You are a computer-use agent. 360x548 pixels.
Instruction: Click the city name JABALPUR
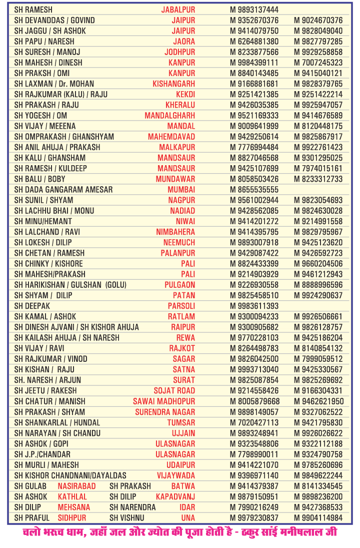tap(178, 10)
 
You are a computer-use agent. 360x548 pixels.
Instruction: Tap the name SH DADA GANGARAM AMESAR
tap(63, 190)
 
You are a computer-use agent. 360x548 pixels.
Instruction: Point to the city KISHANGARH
tap(173, 84)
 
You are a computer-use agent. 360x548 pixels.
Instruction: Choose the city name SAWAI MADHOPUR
tap(164, 401)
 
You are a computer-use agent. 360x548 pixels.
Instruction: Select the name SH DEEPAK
tap(32, 306)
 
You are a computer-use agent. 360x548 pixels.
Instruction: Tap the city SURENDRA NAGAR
tap(165, 412)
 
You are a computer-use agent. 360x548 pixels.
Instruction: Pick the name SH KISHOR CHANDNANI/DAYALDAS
tap(70, 475)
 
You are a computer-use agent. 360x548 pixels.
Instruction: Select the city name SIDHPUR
tap(71, 517)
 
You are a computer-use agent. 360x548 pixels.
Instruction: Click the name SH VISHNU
tap(126, 517)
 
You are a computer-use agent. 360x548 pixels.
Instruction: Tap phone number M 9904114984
tap(318, 517)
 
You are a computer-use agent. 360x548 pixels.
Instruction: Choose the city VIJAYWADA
tap(176, 475)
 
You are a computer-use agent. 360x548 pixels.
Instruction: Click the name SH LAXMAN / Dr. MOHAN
tap(54, 84)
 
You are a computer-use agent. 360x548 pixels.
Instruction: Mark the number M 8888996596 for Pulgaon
tap(318, 285)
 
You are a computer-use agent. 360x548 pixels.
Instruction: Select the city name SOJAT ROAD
tap(174, 390)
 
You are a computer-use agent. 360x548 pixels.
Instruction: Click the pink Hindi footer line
tap(180, 532)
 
